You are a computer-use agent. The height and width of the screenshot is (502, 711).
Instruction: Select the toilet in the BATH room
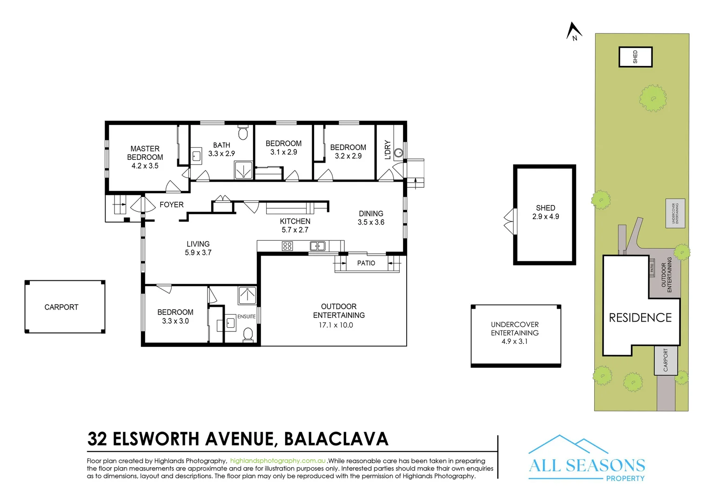coord(242,133)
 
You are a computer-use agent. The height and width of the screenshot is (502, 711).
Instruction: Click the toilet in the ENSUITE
coord(248,334)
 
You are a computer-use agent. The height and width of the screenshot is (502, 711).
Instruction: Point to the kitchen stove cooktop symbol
coord(287,246)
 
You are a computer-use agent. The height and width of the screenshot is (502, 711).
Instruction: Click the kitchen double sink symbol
coord(317,246)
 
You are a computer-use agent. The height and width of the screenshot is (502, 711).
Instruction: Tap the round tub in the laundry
coord(398,152)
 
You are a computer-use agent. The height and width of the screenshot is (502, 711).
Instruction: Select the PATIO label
coord(366,263)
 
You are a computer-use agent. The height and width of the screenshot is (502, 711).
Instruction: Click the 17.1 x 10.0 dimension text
coord(335,325)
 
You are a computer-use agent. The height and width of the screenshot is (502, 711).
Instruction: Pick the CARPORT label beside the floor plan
coord(61,307)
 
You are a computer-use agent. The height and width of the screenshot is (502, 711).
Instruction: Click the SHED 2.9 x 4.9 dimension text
coord(545,217)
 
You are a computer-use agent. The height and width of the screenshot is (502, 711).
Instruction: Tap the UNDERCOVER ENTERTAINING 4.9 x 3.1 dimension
coord(514,342)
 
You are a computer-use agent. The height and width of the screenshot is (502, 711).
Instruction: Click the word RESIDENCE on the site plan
coord(640,318)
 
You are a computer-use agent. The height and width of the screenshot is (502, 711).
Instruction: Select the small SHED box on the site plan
coord(635,57)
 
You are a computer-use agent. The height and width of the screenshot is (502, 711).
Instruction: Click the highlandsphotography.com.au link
coord(278,461)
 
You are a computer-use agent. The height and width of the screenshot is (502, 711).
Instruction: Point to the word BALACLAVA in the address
coord(336,439)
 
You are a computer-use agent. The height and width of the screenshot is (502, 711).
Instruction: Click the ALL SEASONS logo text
coord(587,465)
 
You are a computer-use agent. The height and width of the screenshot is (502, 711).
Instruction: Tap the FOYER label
coord(171,205)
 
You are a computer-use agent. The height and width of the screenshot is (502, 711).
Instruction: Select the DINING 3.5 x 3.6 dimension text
coord(371,223)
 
